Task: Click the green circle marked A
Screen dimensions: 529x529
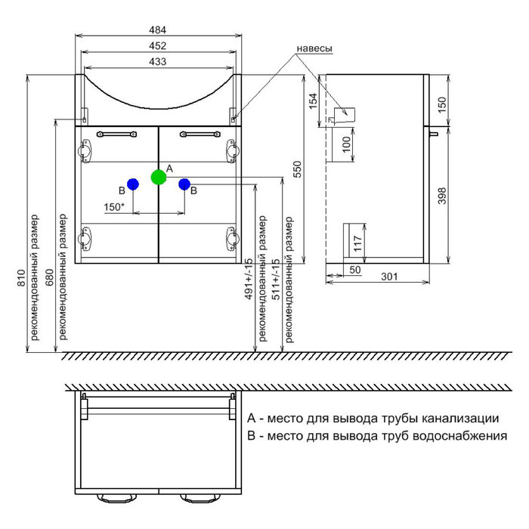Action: point(158,178)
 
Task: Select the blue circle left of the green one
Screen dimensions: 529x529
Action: point(132,184)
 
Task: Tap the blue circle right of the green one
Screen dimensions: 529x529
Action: point(184,184)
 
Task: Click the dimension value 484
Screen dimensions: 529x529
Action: point(158,30)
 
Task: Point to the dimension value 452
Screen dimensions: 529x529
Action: point(158,45)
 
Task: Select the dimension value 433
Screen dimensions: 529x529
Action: point(158,61)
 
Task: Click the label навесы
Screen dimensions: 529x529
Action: point(314,48)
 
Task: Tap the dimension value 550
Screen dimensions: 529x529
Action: point(297,169)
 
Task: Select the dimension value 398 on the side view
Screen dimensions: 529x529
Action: point(444,196)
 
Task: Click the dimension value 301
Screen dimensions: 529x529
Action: point(388,277)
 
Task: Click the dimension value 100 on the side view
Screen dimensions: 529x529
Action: point(346,144)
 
